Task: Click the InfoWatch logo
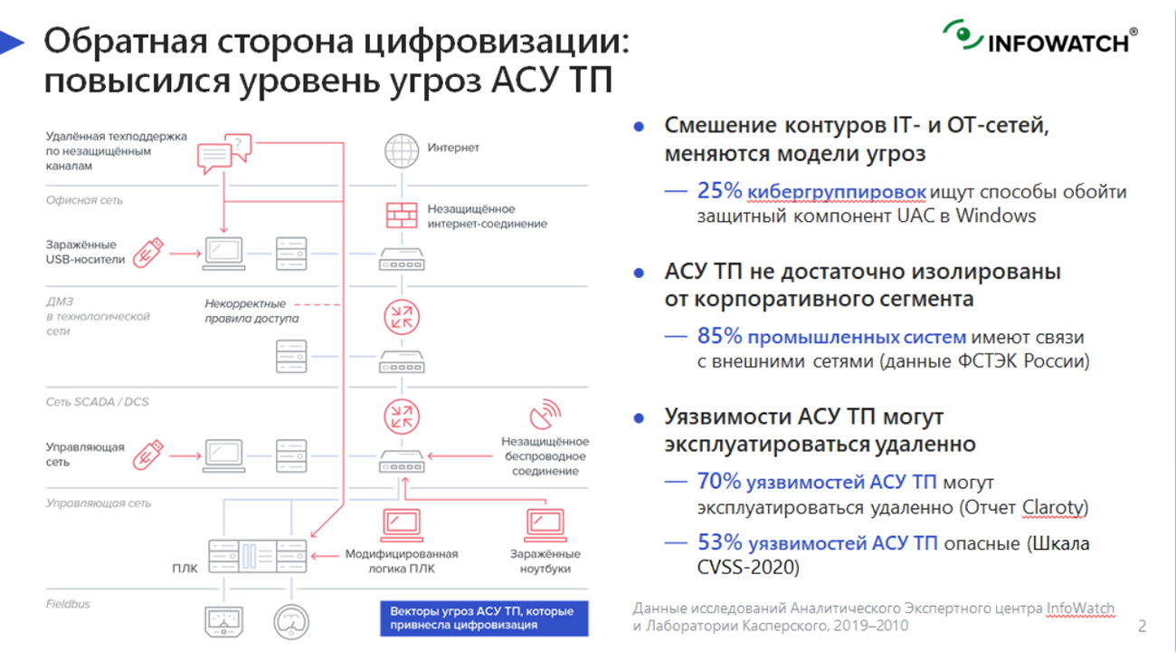pyautogui.click(x=1039, y=38)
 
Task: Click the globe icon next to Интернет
pyautogui.click(x=402, y=149)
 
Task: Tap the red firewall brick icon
pyautogui.click(x=402, y=216)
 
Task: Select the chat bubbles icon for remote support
pyautogui.click(x=223, y=154)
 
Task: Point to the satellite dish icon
pyautogui.click(x=545, y=416)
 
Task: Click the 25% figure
pyautogui.click(x=719, y=191)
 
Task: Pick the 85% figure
pyautogui.click(x=719, y=337)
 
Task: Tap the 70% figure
pyautogui.click(x=719, y=482)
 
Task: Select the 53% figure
pyautogui.click(x=719, y=543)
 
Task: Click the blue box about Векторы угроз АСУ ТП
pyautogui.click(x=483, y=618)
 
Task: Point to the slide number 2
pyautogui.click(x=1142, y=626)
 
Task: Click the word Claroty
pyautogui.click(x=1054, y=507)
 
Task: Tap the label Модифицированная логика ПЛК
pyautogui.click(x=402, y=561)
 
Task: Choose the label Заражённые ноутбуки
pyautogui.click(x=545, y=561)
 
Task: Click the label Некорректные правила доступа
pyautogui.click(x=251, y=311)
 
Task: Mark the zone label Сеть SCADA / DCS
pyautogui.click(x=97, y=401)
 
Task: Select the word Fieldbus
pyautogui.click(x=68, y=604)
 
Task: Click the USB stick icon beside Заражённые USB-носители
pyautogui.click(x=148, y=253)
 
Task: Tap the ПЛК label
pyautogui.click(x=185, y=569)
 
